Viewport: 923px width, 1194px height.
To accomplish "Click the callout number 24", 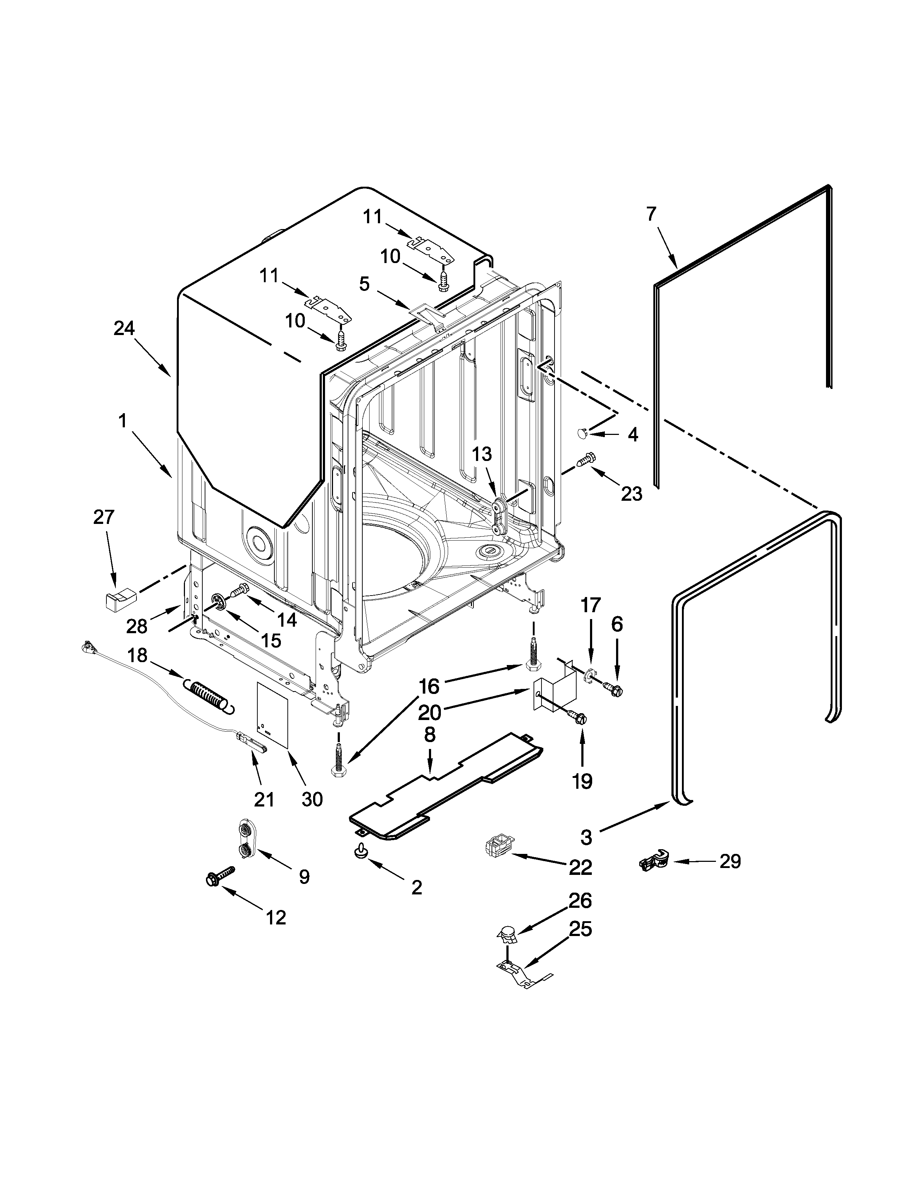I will (x=124, y=328).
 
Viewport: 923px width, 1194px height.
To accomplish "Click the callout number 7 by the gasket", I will (x=650, y=214).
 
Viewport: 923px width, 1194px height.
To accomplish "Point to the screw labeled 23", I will (x=587, y=460).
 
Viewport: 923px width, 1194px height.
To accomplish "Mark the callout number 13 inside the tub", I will (x=482, y=454).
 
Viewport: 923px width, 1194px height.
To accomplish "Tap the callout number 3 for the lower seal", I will (x=586, y=837).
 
